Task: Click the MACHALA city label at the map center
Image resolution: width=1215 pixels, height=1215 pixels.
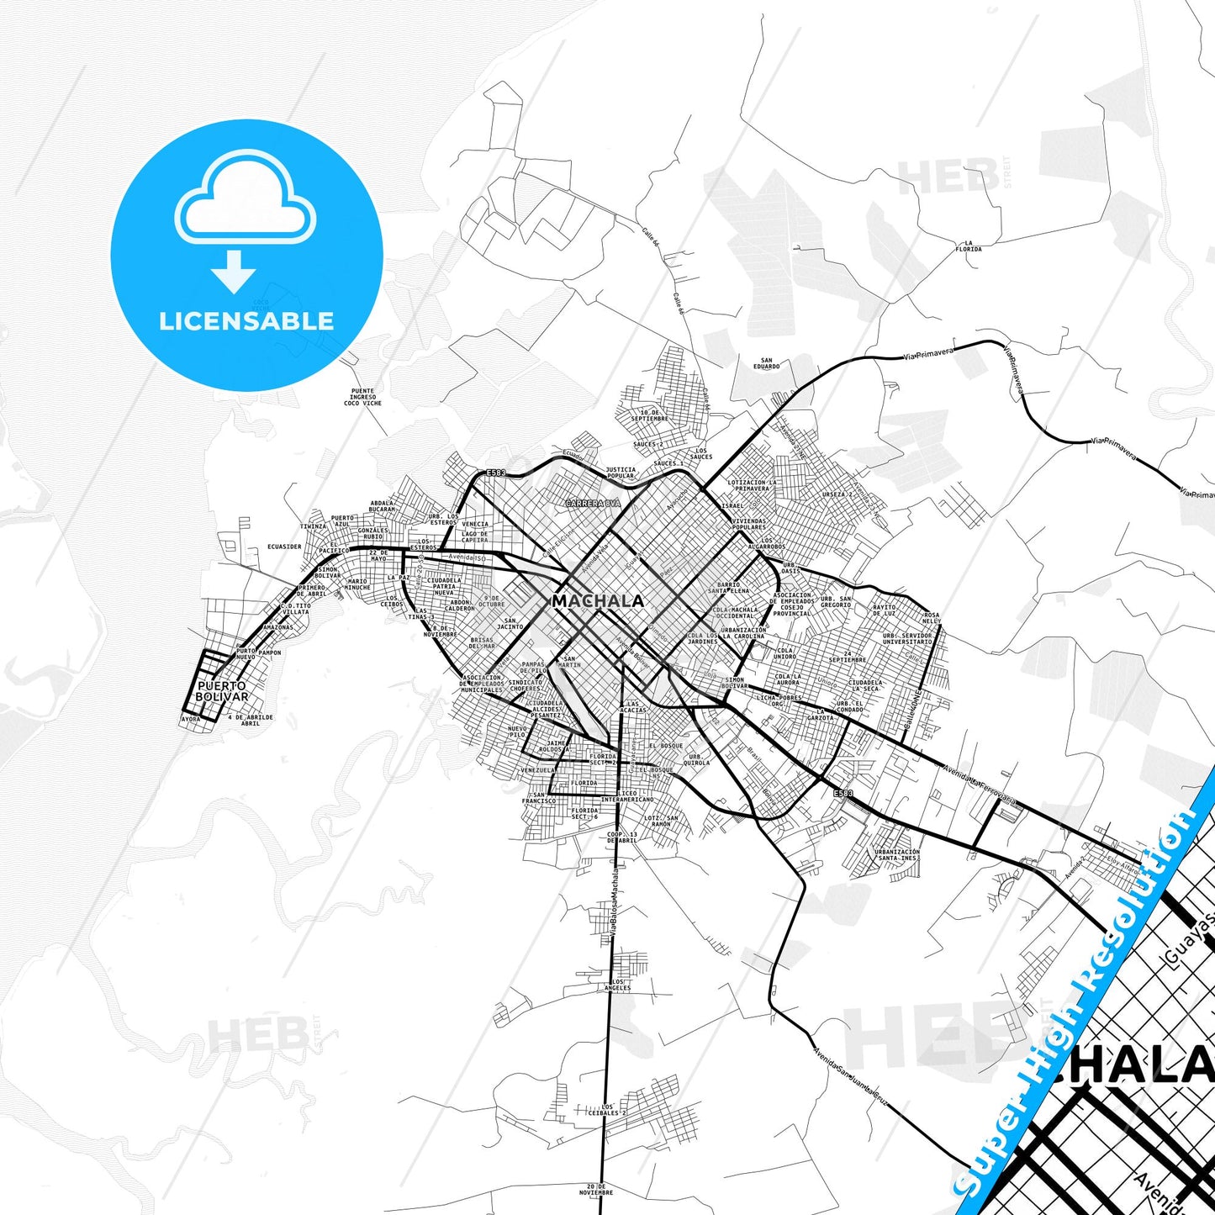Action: [598, 601]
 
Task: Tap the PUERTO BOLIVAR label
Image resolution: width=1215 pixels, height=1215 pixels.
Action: [222, 692]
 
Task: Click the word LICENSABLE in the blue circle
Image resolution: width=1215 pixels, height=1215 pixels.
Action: [246, 321]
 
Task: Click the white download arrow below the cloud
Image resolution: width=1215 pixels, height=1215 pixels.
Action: [234, 272]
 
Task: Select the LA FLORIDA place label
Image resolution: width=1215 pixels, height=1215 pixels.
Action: [969, 246]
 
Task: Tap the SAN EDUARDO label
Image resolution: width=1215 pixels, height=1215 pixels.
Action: [767, 363]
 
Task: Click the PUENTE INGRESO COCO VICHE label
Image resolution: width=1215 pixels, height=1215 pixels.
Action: [363, 397]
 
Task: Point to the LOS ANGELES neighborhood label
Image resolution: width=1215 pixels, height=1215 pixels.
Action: [617, 985]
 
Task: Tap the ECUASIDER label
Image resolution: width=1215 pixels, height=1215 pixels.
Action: [284, 547]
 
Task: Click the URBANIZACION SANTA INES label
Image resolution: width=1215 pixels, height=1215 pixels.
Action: [897, 854]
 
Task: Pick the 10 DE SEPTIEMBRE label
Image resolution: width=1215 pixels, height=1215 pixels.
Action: [649, 415]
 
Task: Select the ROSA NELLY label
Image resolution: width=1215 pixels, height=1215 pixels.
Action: [932, 617]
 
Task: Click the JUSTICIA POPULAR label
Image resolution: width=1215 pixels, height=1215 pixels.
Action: [621, 473]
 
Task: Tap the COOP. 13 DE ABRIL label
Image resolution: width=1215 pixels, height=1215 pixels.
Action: [622, 837]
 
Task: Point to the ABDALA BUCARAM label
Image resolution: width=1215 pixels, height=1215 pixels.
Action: [382, 506]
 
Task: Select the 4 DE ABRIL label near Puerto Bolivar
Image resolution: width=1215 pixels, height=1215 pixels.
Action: [250, 720]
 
